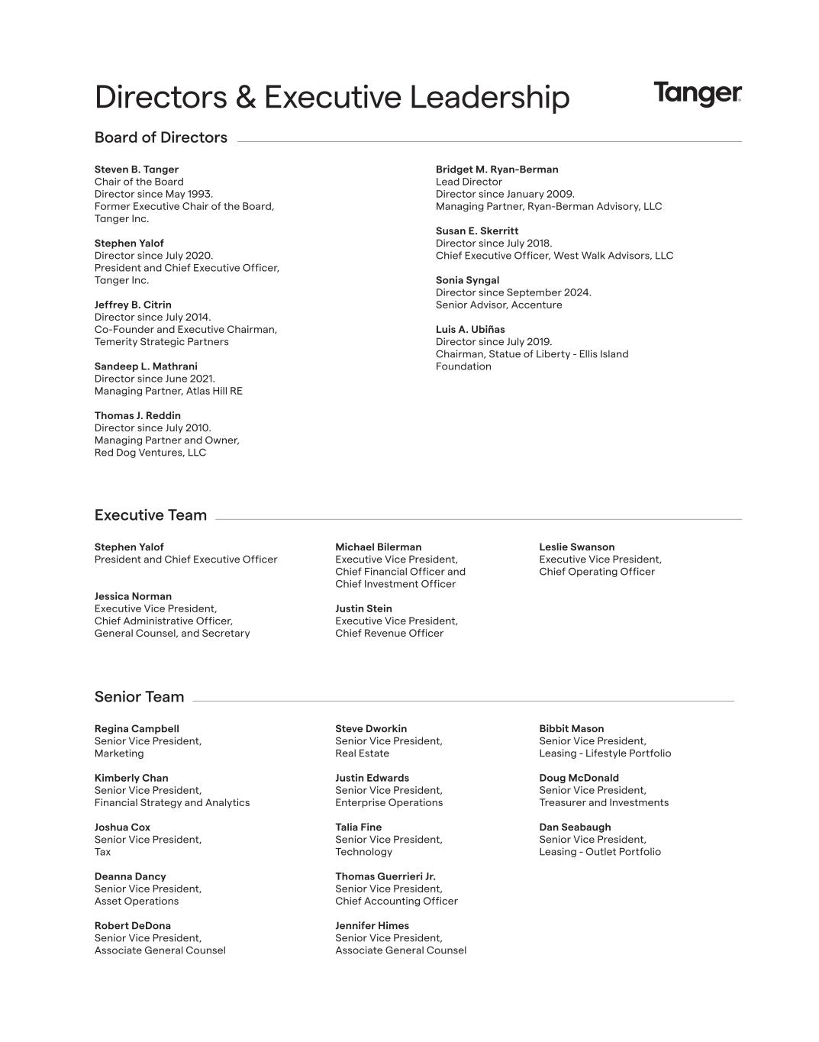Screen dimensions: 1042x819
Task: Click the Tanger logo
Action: point(697,94)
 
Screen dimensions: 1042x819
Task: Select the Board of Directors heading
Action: point(160,137)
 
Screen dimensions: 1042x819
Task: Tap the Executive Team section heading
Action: point(150,515)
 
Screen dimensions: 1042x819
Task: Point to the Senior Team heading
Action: point(139,697)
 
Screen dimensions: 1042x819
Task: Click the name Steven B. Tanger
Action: point(136,169)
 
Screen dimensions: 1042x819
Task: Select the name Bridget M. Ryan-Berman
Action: point(497,169)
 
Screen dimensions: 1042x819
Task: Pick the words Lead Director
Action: point(469,182)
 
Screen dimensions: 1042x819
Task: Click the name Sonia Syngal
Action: point(467,280)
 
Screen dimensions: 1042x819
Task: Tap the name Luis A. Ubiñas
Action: point(470,330)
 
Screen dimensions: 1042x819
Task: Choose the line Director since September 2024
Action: point(513,292)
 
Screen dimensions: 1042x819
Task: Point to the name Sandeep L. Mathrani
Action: point(146,366)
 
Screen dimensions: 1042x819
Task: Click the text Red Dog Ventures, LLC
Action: point(150,453)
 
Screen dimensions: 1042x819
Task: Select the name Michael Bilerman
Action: point(378,547)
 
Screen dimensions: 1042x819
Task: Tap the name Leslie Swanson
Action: point(576,547)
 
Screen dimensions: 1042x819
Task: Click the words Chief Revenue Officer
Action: point(389,633)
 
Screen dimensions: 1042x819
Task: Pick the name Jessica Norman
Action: point(133,596)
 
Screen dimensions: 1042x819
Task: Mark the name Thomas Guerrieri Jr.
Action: point(385,876)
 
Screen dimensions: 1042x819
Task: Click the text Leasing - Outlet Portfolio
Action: point(599,852)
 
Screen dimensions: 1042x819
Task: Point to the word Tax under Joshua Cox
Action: point(102,852)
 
